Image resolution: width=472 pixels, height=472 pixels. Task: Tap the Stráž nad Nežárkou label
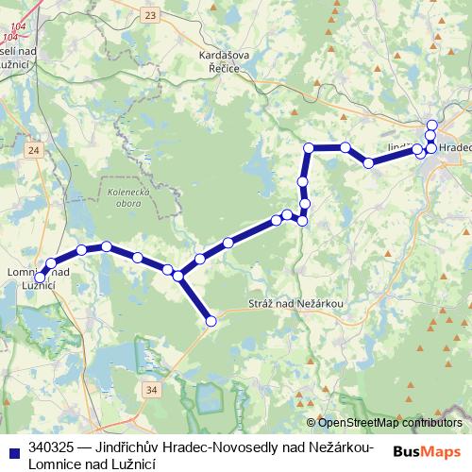296,303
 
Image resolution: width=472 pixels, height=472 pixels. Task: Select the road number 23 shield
150,15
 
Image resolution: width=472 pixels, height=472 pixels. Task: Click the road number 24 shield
34,150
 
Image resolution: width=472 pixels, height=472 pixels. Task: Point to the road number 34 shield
152,388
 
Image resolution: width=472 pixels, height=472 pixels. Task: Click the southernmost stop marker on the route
211,322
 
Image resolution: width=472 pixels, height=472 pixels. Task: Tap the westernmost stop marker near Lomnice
41,274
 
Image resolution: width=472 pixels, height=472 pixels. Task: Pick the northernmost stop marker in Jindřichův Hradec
432,126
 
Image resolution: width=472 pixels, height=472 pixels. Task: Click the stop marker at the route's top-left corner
309,147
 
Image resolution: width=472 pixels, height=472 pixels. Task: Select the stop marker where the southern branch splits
177,275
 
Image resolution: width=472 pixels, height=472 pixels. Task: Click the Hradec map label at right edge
455,148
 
